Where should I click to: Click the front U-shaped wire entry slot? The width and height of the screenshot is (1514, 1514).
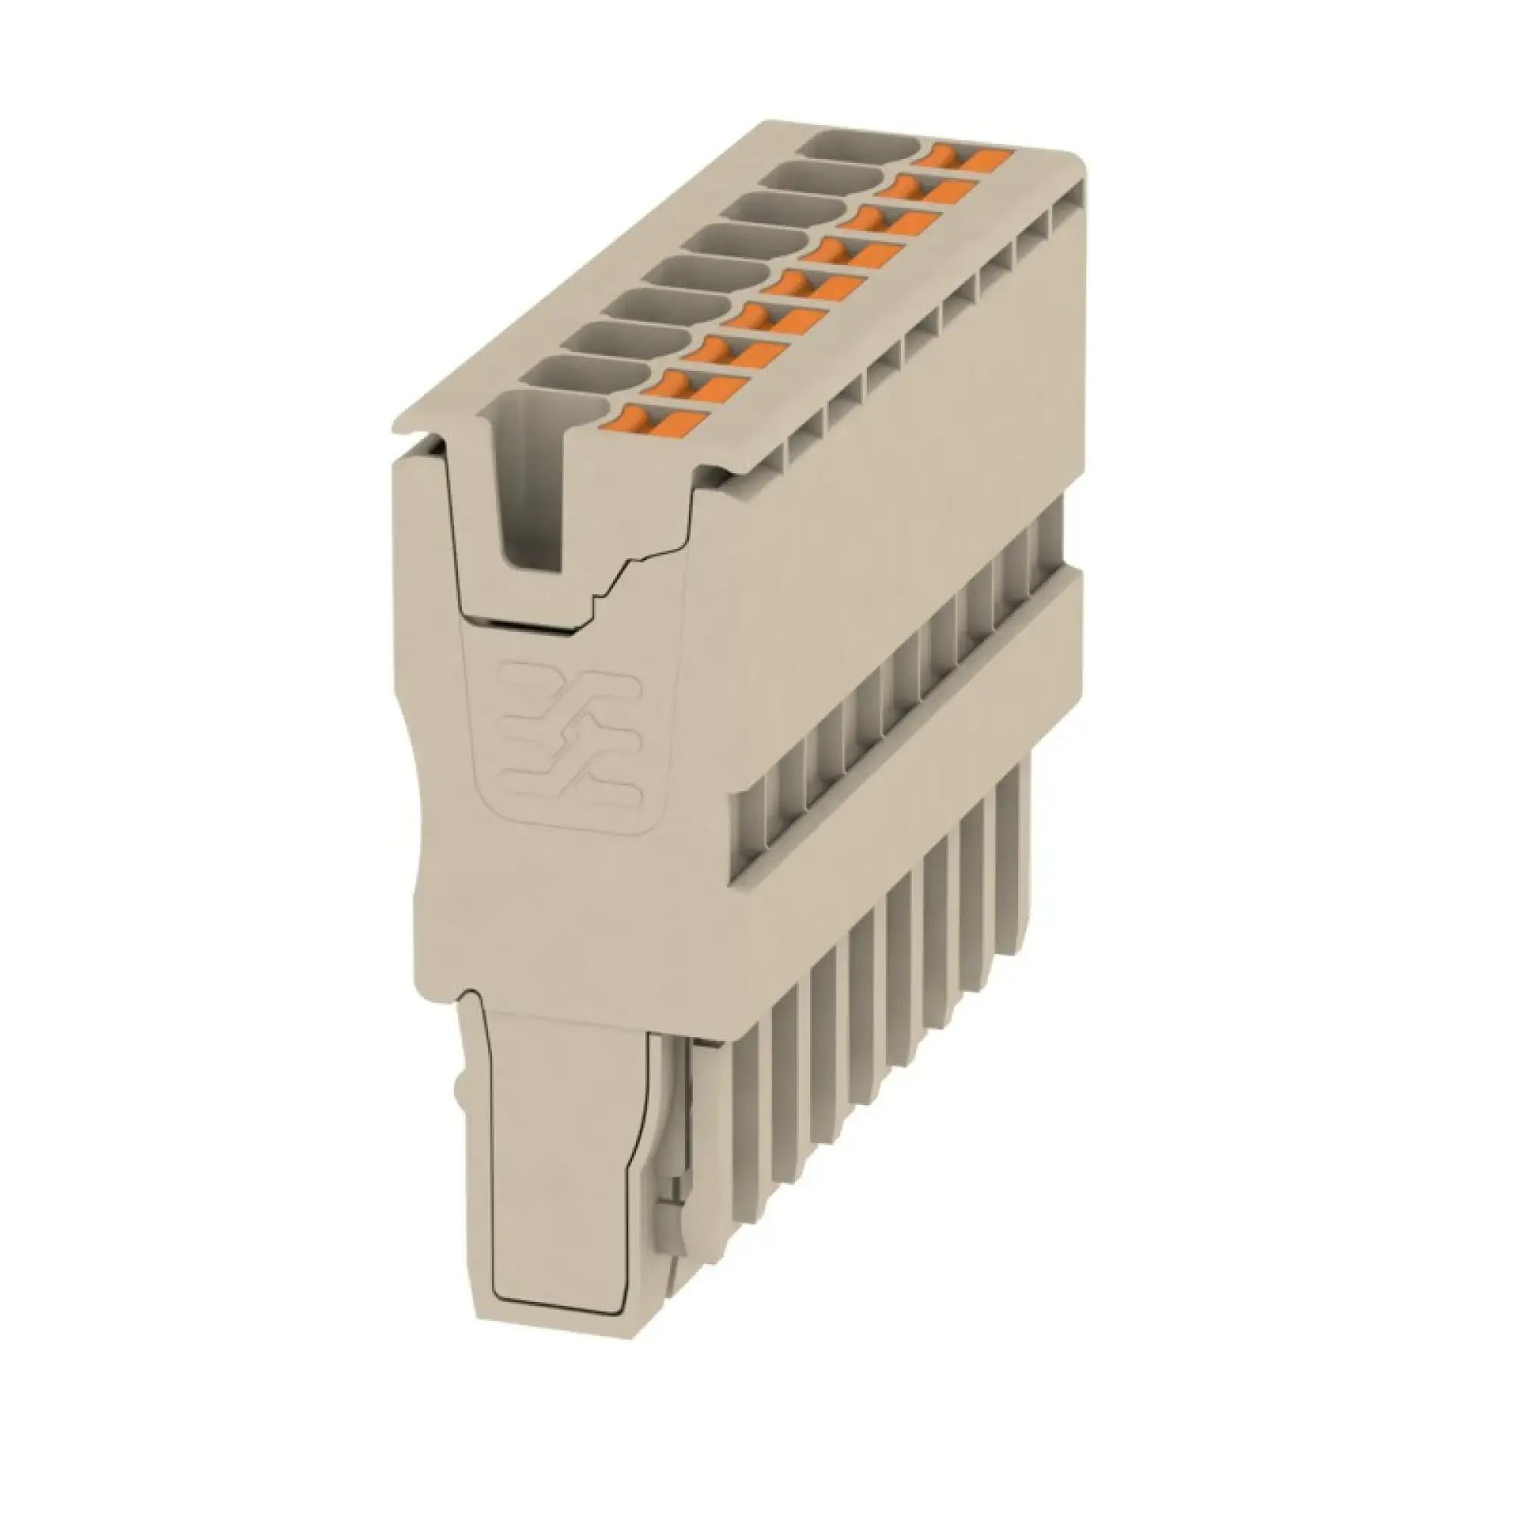[533, 486]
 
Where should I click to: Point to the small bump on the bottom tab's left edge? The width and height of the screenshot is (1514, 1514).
[458, 1085]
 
